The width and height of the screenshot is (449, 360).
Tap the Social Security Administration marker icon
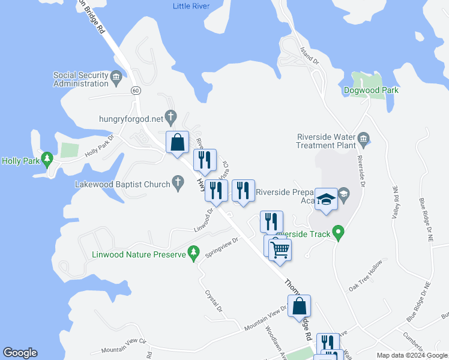point(116,76)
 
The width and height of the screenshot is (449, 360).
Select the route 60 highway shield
point(136,91)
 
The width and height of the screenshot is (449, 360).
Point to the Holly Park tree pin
point(47,159)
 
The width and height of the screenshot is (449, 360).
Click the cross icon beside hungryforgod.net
point(170,116)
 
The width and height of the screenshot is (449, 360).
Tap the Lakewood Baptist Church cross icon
point(178,181)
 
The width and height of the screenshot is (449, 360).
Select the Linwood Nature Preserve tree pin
point(193,253)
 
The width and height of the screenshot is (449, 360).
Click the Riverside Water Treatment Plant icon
point(364,140)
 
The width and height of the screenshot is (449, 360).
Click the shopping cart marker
point(280,250)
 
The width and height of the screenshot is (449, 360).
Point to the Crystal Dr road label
point(214,301)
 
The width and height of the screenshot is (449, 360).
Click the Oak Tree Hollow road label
point(366,277)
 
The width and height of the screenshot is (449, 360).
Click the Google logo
point(20,353)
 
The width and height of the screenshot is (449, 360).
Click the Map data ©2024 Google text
point(412,355)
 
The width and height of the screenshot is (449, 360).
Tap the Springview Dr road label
point(223,247)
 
